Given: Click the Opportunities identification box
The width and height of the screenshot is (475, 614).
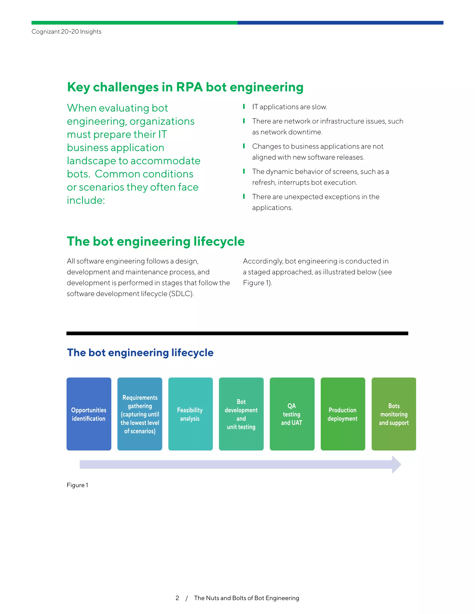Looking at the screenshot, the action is (89, 414).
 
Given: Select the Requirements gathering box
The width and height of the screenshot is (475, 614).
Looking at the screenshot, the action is (140, 414).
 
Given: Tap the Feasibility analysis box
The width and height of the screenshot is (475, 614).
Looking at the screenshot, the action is (190, 414).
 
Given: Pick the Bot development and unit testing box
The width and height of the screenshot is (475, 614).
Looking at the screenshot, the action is (241, 414).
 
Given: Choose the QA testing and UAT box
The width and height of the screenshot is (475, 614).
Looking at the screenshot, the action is (292, 414).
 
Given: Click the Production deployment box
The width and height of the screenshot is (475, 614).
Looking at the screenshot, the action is (343, 414).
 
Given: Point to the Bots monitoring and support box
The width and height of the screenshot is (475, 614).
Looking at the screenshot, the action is (394, 414).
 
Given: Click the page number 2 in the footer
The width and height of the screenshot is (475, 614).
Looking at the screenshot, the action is (177, 598).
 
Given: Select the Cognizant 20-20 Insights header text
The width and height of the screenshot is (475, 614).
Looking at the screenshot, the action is (66, 32).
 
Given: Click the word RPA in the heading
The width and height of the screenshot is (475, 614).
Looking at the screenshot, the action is (189, 87).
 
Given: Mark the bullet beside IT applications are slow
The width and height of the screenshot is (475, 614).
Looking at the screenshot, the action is (244, 107).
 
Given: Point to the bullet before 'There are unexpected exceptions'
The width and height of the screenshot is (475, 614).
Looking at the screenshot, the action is (244, 196).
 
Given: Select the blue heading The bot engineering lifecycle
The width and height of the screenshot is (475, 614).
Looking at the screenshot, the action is (140, 353).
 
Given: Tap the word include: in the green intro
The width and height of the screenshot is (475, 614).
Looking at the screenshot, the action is (86, 200).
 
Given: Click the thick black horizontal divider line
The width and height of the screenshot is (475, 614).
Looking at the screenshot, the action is (237, 333).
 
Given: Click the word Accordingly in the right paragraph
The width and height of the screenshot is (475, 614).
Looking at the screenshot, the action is (263, 261).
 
